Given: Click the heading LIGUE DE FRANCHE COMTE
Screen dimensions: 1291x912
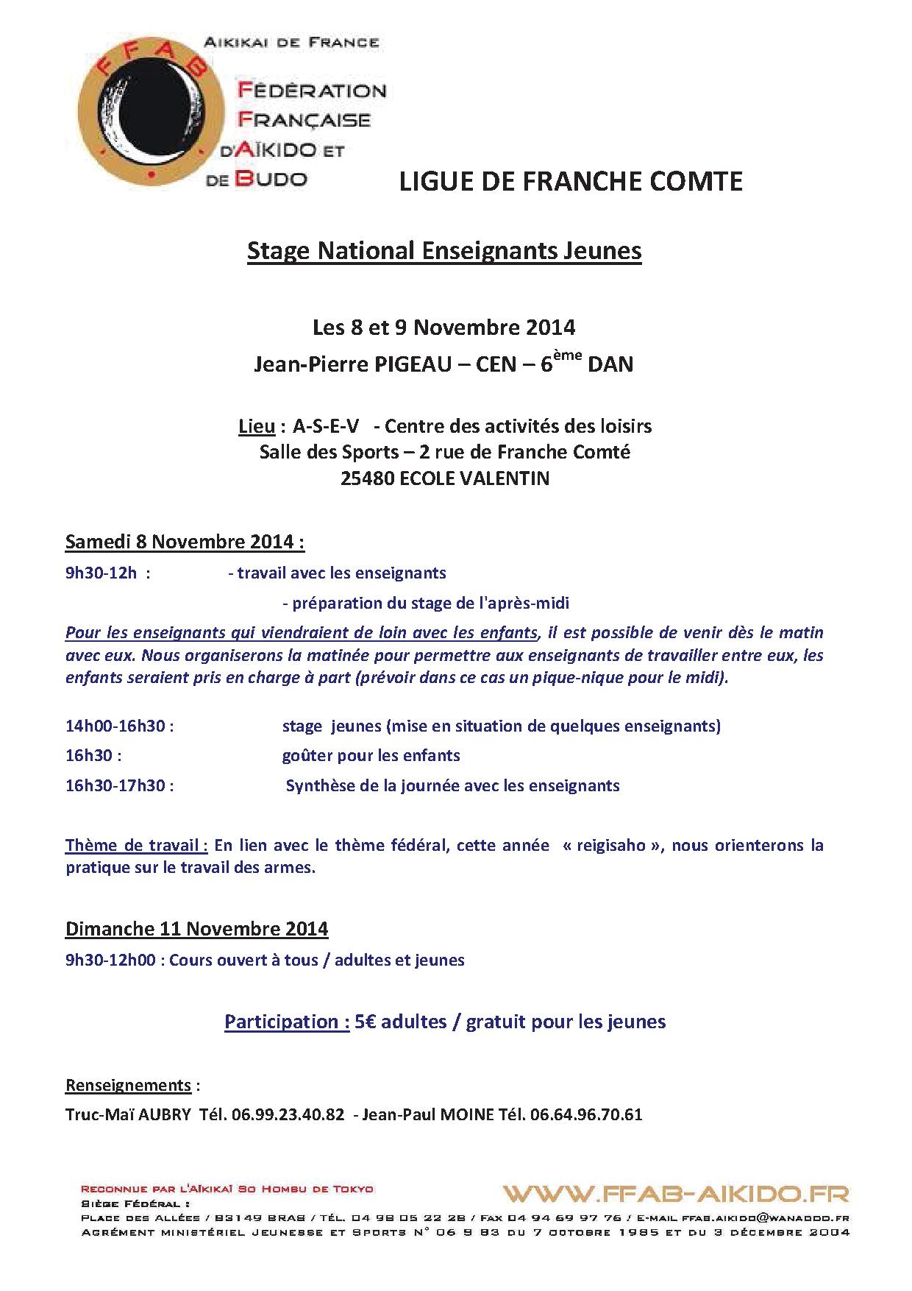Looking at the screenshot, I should (571, 181).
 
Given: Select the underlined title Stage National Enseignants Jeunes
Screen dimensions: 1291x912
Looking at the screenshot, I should (444, 251).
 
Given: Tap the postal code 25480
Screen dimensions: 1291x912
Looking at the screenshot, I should (367, 478).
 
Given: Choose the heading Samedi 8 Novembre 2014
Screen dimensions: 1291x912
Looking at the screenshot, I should (185, 542).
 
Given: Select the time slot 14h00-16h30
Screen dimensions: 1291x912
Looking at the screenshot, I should (115, 726).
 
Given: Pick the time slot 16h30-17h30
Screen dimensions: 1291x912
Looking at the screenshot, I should (115, 785).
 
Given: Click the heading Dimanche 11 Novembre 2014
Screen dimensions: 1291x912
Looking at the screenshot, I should (196, 929).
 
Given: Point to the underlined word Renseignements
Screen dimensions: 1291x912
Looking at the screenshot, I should (129, 1086).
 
